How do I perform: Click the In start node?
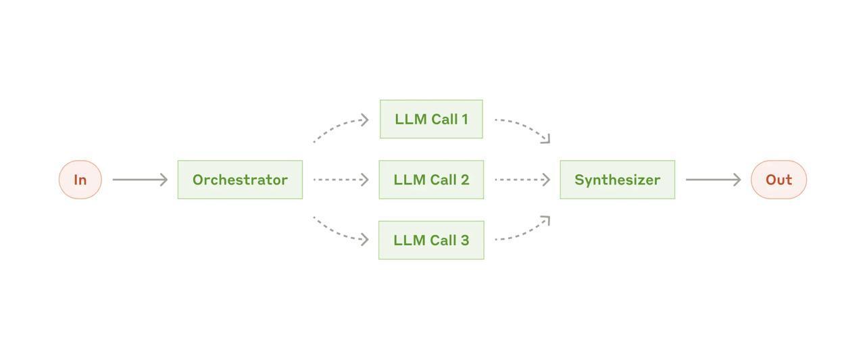tap(80, 180)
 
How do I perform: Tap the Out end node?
tap(778, 180)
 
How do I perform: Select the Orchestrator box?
tap(240, 180)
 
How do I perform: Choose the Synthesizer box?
tap(617, 180)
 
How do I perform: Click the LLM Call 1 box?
tap(431, 120)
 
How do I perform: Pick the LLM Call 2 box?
tap(431, 180)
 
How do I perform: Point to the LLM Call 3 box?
tap(431, 240)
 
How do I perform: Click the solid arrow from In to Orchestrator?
tap(139, 180)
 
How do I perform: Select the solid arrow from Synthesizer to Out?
tap(712, 180)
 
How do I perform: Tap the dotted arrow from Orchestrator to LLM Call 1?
tap(338, 126)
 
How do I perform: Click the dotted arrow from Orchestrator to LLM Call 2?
tap(341, 180)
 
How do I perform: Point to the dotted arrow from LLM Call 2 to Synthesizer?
tap(522, 180)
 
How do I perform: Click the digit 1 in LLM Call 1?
tap(464, 120)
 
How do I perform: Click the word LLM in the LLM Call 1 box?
tap(408, 120)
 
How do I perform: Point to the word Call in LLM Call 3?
tap(441, 240)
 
